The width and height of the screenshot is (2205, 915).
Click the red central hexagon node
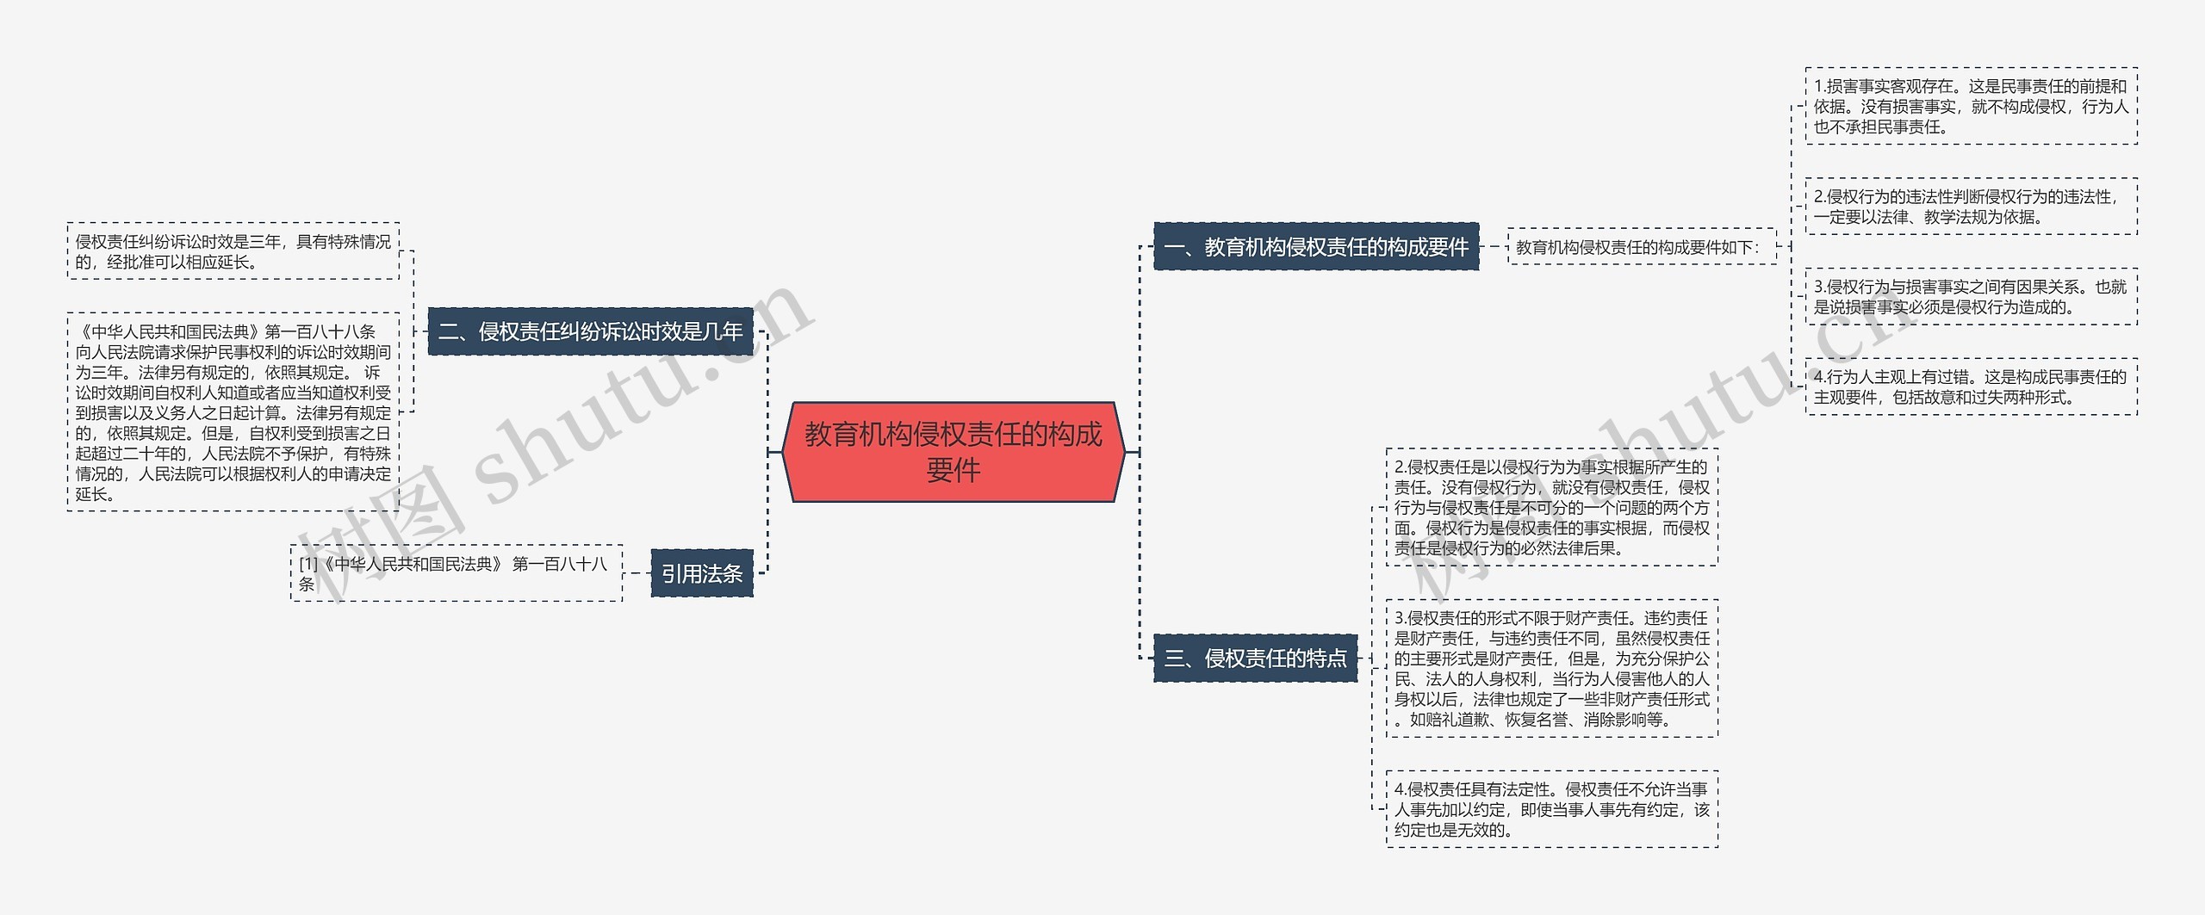(953, 451)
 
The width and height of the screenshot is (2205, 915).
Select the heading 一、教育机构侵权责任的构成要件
(1315, 247)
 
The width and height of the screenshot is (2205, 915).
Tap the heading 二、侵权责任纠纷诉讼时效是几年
(590, 331)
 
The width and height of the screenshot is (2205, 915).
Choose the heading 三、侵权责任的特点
(1255, 658)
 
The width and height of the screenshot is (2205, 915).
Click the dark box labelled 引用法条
(701, 573)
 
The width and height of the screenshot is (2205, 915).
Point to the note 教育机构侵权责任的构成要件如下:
(1641, 247)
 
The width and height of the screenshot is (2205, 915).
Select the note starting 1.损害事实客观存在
(1971, 107)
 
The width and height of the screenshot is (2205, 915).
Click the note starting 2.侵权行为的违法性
(1971, 207)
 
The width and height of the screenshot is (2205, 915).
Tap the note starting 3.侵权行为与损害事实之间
(1971, 297)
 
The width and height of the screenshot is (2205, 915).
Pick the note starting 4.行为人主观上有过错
(1971, 387)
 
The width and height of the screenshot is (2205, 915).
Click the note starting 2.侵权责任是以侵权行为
(1551, 507)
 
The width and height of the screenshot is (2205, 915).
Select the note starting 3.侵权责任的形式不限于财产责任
(1551, 669)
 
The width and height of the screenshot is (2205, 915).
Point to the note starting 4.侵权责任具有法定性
(1551, 809)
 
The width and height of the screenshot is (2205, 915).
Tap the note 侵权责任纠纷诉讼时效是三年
(233, 251)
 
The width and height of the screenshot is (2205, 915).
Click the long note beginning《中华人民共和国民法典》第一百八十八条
(233, 412)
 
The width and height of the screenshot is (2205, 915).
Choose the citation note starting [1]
(456, 573)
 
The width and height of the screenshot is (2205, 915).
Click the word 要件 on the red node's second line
(953, 471)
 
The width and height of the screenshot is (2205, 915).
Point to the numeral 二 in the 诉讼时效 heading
(450, 332)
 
